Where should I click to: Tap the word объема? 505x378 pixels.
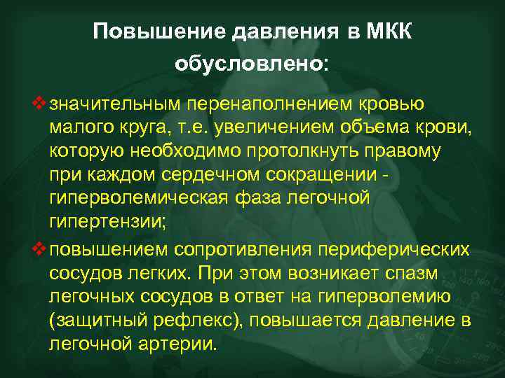coord(375,127)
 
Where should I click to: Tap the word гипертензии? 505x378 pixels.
coord(105,221)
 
